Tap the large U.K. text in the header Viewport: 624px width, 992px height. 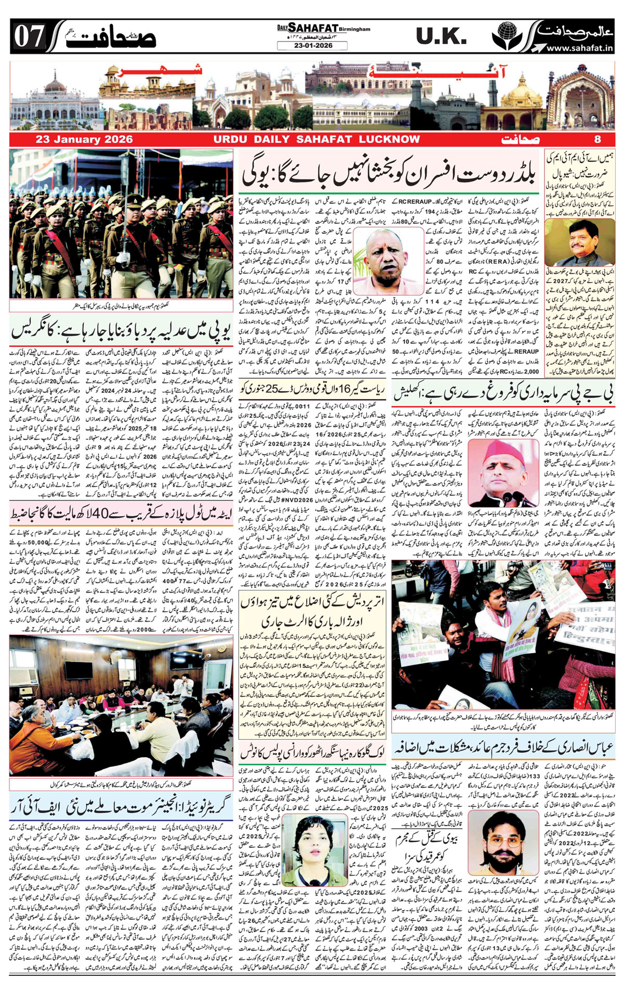point(441,36)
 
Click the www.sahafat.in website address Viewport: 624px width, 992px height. point(580,48)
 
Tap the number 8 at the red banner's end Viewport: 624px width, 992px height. point(597,139)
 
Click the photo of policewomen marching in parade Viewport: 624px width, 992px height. point(121,224)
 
